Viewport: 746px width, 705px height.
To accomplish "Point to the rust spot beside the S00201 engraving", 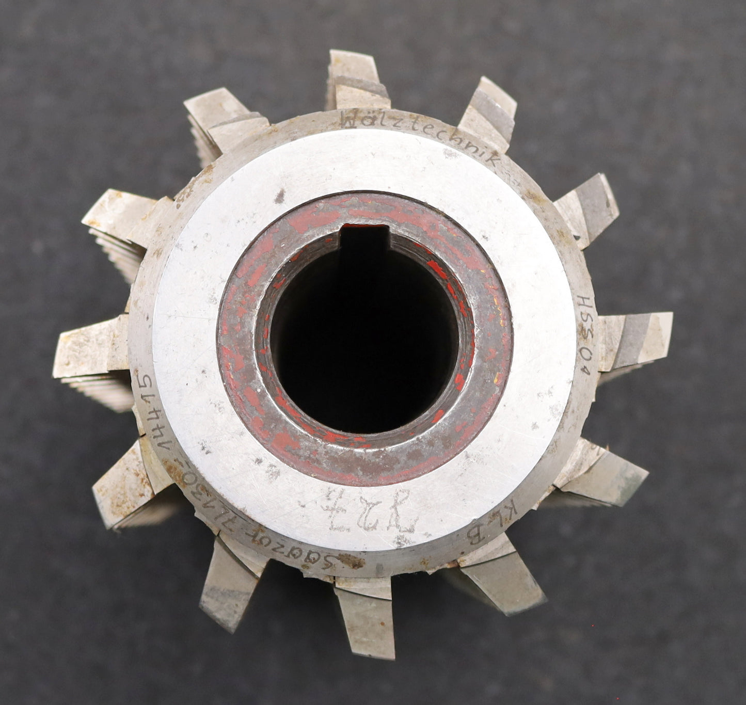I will pos(351,560).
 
